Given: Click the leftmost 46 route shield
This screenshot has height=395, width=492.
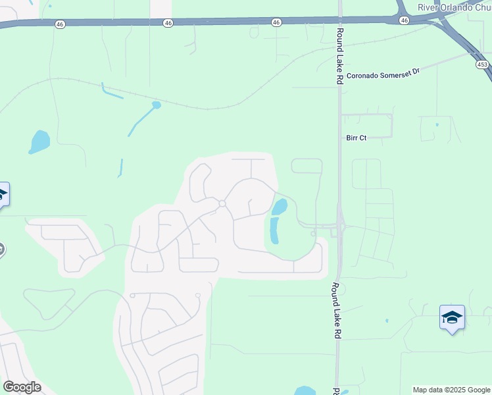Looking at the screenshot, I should [61, 23].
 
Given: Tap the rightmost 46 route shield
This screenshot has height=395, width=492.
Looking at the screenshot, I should [404, 20].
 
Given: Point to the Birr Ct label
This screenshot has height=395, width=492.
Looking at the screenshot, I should [356, 138].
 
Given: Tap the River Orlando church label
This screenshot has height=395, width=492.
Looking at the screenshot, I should [455, 7].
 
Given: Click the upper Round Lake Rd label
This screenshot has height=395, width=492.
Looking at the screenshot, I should [339, 55].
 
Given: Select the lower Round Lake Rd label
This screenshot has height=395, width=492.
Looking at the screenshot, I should [335, 311].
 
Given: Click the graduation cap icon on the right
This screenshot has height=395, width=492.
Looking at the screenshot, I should [452, 318].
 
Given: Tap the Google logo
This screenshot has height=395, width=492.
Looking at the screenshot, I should [22, 387].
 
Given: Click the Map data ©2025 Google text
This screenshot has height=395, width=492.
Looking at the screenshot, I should [451, 390].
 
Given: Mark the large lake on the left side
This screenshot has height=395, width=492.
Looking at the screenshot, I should [39, 141].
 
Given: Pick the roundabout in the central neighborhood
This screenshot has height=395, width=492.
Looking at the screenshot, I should [222, 204].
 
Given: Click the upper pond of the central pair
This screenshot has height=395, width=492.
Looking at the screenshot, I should [280, 207].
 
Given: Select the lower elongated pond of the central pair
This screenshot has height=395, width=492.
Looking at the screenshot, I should [273, 230].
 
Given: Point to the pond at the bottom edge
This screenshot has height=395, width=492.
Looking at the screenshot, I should [304, 391].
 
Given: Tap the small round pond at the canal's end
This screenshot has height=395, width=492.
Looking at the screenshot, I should [156, 105].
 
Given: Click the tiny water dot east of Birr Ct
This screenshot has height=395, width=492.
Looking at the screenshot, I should [437, 124].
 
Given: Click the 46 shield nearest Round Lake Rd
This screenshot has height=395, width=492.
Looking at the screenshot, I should [276, 22].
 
